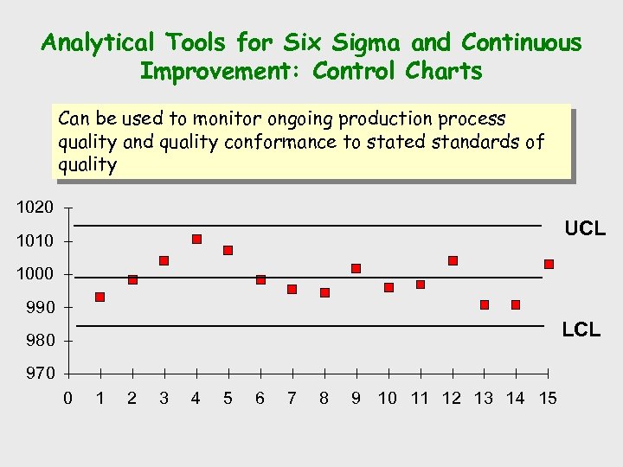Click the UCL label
click(x=585, y=229)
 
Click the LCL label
click(x=581, y=329)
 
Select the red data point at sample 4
click(x=196, y=239)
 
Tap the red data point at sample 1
click(x=100, y=297)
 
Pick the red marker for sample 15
click(x=549, y=264)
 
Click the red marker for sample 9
click(x=356, y=268)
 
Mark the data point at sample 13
click(x=485, y=304)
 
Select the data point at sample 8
click(x=324, y=292)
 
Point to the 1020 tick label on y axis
click(x=35, y=208)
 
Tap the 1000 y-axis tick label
click(x=35, y=274)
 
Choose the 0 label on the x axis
click(x=68, y=398)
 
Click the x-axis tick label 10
click(x=387, y=398)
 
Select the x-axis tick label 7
click(x=292, y=398)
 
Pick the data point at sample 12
click(x=453, y=260)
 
